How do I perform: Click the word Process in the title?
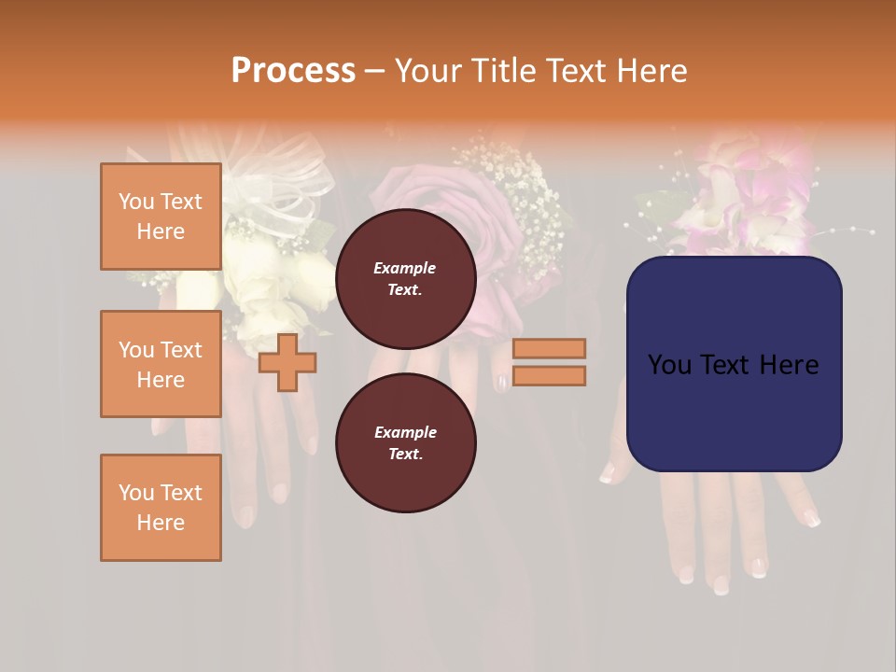point(293,71)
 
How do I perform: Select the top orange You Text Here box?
point(161,217)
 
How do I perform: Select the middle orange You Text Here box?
point(161,364)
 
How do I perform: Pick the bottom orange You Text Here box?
point(161,508)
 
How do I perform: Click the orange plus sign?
point(287,362)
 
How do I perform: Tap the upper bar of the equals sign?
point(550,348)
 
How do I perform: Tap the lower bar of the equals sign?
point(550,375)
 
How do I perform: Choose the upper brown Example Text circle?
point(405,279)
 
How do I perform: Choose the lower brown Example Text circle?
point(405,443)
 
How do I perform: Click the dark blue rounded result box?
point(734,364)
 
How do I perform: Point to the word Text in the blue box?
point(734,365)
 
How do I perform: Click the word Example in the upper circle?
point(405,268)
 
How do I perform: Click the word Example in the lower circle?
point(405,432)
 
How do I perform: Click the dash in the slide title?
point(375,72)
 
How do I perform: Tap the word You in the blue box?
point(669,365)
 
